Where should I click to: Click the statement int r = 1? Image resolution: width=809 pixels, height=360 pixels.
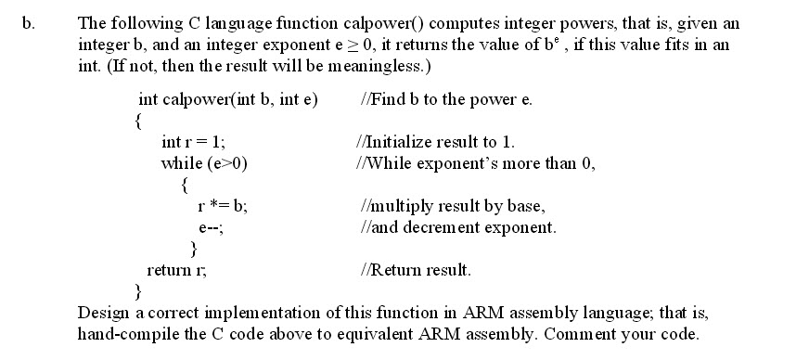tap(192, 142)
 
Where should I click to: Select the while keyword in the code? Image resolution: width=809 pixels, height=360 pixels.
tap(181, 163)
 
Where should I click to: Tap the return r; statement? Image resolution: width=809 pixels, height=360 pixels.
tap(177, 270)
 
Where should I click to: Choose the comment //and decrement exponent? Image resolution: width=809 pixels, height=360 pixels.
tap(456, 226)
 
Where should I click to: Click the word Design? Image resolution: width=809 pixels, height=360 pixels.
tap(104, 311)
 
